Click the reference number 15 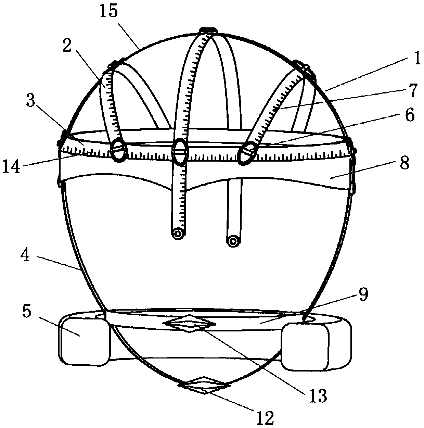[x=109, y=12]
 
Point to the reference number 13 [x=318, y=396]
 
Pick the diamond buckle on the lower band [x=189, y=324]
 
